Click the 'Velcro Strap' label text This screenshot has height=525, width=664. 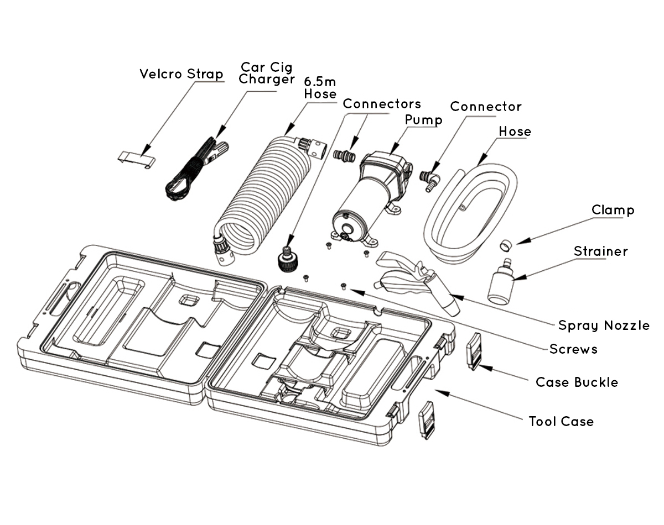(181, 73)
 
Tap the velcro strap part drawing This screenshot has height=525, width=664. (137, 158)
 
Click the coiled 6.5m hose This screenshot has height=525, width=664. (260, 193)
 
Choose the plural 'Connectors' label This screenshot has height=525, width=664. (382, 104)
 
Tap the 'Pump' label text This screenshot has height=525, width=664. (423, 120)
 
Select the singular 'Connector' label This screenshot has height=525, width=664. (486, 106)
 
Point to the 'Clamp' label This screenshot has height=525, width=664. (613, 210)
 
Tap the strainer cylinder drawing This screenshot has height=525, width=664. (501, 283)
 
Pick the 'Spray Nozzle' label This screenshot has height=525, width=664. (604, 325)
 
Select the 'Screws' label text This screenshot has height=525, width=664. (573, 349)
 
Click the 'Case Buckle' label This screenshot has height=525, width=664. (577, 382)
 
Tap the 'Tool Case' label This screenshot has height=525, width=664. (561, 421)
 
